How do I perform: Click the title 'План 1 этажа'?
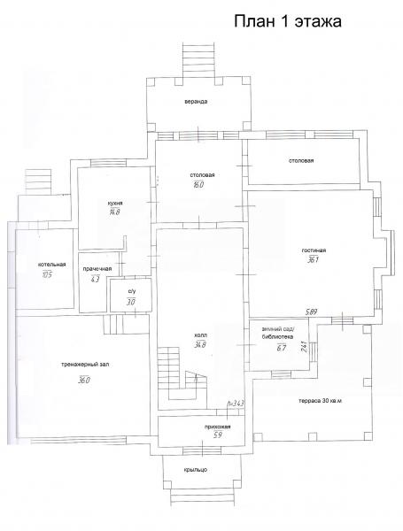click(x=288, y=21)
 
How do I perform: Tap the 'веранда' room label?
click(x=196, y=101)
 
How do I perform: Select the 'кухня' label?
click(x=115, y=204)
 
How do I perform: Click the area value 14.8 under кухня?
click(x=114, y=212)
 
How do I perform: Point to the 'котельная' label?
click(x=52, y=265)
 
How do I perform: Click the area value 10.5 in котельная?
click(x=47, y=274)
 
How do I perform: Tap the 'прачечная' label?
click(x=97, y=269)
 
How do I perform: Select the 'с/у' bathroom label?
click(x=131, y=291)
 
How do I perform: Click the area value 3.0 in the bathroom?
click(x=131, y=302)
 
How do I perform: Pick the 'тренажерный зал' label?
click(x=85, y=365)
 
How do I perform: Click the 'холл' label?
click(x=200, y=335)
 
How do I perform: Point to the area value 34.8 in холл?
click(x=200, y=345)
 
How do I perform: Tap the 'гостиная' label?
click(x=314, y=250)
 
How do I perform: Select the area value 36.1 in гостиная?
click(x=314, y=260)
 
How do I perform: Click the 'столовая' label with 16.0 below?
click(x=202, y=175)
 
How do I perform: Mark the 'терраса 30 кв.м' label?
click(x=320, y=401)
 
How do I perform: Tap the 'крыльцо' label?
click(x=196, y=470)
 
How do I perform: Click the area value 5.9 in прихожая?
click(x=218, y=435)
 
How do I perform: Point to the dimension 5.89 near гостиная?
click(x=311, y=312)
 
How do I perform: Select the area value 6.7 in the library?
click(x=282, y=348)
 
